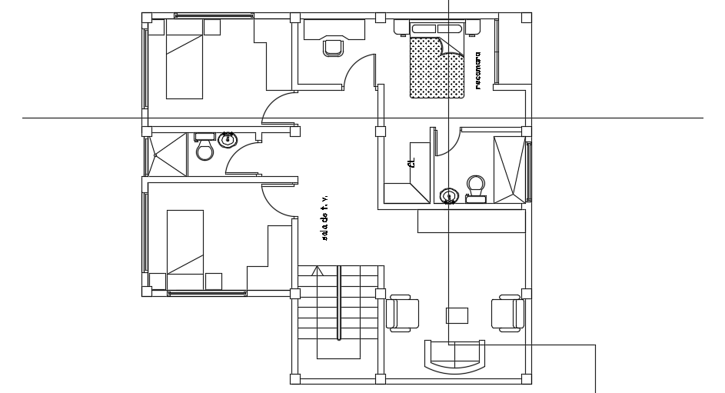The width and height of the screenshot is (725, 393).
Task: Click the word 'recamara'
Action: (x=477, y=72)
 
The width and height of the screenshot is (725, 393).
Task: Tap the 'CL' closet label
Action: (x=411, y=162)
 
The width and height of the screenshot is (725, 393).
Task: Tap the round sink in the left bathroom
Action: (x=228, y=141)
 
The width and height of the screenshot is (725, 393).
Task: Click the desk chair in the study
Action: (x=333, y=46)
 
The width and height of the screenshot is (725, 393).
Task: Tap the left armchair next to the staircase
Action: (x=403, y=314)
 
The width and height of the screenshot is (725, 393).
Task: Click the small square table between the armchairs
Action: (x=457, y=315)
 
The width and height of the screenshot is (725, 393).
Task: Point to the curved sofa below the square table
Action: (x=454, y=357)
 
